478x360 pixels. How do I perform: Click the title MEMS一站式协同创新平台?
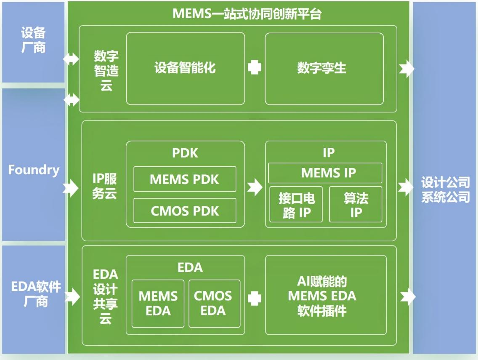pos(247,13)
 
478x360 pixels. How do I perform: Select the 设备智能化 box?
pos(185,68)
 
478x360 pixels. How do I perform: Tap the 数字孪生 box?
pos(324,68)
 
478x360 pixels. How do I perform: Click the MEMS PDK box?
pos(185,179)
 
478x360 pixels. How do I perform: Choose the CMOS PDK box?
pos(185,211)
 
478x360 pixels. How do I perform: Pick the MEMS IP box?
pos(325,173)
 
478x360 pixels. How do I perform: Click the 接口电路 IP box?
pos(296,205)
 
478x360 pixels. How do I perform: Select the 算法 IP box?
pos(356,205)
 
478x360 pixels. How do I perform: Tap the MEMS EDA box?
pos(158,304)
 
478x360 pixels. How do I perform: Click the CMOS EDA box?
pos(214,304)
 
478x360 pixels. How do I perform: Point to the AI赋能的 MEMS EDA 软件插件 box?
pos(325,296)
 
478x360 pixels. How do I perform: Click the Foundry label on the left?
pos(34,170)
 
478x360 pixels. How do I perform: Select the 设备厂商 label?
pos(34,40)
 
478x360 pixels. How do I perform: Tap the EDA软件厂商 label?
pos(35,294)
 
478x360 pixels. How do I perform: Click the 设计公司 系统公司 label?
pos(446,190)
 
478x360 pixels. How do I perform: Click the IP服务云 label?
pos(104,187)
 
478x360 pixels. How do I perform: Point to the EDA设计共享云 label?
pos(105,297)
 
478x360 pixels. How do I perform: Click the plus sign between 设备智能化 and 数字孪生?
pos(255,67)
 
